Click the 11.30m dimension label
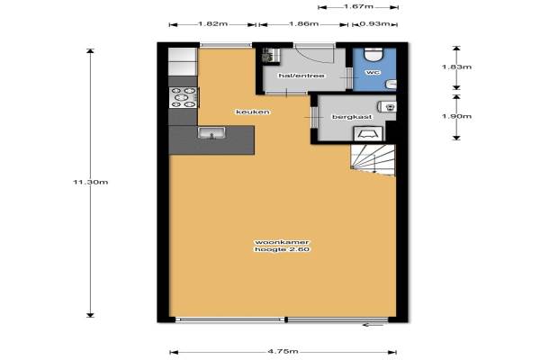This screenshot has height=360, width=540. click(91, 182)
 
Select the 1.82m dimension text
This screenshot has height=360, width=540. click(212, 24)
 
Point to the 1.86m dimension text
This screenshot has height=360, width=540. click(304, 24)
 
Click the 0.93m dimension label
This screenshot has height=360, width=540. click(374, 24)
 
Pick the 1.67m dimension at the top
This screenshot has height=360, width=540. click(358, 6)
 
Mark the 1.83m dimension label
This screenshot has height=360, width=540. click(456, 67)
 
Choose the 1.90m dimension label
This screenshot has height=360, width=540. click(456, 116)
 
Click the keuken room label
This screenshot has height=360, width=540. click(253, 112)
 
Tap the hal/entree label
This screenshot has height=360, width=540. click(301, 76)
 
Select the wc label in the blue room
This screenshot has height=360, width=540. click(373, 73)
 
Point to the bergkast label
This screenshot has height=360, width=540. click(352, 117)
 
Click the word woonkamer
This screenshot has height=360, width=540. click(282, 242)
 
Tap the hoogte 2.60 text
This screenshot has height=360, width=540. click(282, 250)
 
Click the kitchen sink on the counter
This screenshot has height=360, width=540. click(211, 133)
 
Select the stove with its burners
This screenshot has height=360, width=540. click(184, 97)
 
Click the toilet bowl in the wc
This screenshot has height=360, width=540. click(373, 54)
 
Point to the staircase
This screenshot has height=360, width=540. click(373, 160)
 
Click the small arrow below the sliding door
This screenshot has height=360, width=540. click(373, 325)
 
